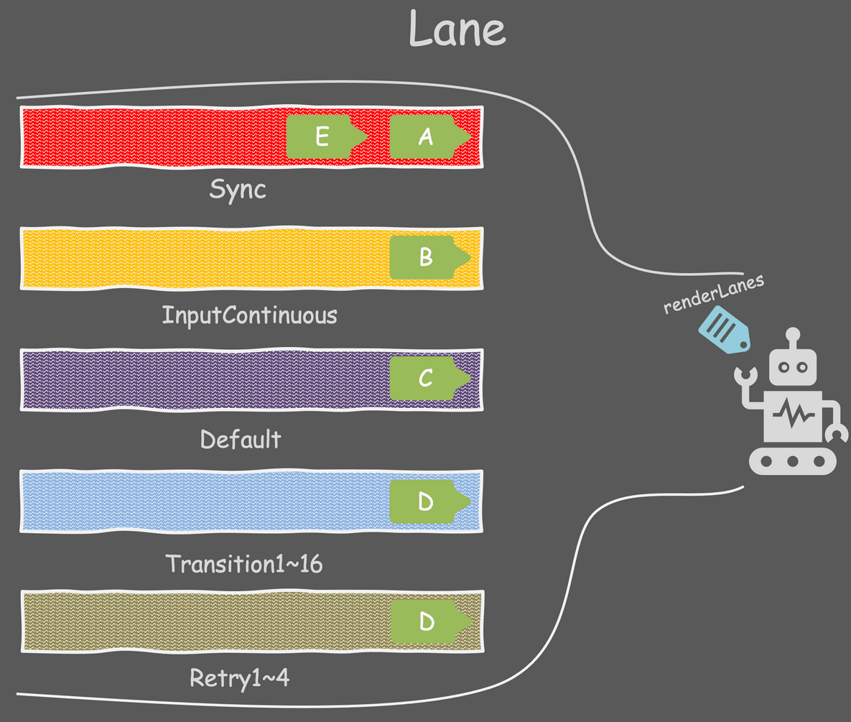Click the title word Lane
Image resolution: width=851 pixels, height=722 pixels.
(x=457, y=30)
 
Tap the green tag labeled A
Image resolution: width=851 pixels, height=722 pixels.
(x=425, y=136)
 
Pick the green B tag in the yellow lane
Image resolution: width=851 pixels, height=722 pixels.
(x=425, y=257)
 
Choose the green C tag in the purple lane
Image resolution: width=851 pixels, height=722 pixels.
(x=425, y=378)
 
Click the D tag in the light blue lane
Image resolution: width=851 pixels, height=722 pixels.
(x=425, y=501)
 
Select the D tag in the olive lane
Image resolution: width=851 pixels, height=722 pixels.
(x=426, y=621)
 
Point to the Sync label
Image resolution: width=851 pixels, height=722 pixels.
(x=238, y=190)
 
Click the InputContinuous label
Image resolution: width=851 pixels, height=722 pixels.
(x=249, y=315)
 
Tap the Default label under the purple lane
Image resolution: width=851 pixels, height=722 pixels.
(x=241, y=439)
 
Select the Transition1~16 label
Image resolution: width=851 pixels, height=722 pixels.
(x=244, y=564)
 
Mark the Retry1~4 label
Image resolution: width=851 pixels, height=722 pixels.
(x=239, y=678)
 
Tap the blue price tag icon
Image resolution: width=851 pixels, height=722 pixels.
(x=724, y=330)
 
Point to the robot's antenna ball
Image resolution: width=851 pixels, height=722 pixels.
(x=793, y=334)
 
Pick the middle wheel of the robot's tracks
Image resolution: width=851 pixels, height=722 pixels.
(x=793, y=461)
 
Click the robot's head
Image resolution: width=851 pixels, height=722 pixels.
(x=793, y=367)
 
